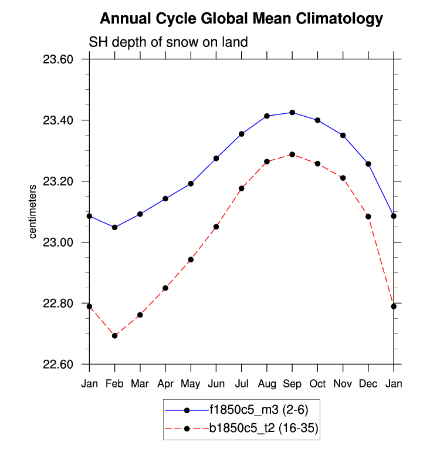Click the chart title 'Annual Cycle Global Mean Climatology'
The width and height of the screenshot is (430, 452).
coord(241,19)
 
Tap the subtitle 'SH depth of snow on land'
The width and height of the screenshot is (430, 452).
coord(168,42)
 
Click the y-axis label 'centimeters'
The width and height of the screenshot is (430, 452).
coord(33,211)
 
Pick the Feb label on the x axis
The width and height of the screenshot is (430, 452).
coord(114,384)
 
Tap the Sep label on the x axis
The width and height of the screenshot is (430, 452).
coord(292,384)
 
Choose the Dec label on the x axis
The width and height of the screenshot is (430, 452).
coord(368,384)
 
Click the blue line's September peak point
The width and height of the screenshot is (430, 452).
coord(292,113)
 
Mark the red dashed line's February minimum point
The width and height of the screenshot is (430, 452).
coord(114,336)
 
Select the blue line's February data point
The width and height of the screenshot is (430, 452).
coord(114,227)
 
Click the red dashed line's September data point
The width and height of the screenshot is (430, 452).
coord(292,154)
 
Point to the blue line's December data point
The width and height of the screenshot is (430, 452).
coord(368,164)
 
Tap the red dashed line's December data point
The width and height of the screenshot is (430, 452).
coord(368,217)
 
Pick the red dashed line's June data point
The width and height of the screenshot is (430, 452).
coord(216,227)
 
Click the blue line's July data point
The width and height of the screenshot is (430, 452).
coord(241,134)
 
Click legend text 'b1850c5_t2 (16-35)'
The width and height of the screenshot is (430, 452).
coord(263,429)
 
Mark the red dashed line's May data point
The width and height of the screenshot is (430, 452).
coord(191,259)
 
